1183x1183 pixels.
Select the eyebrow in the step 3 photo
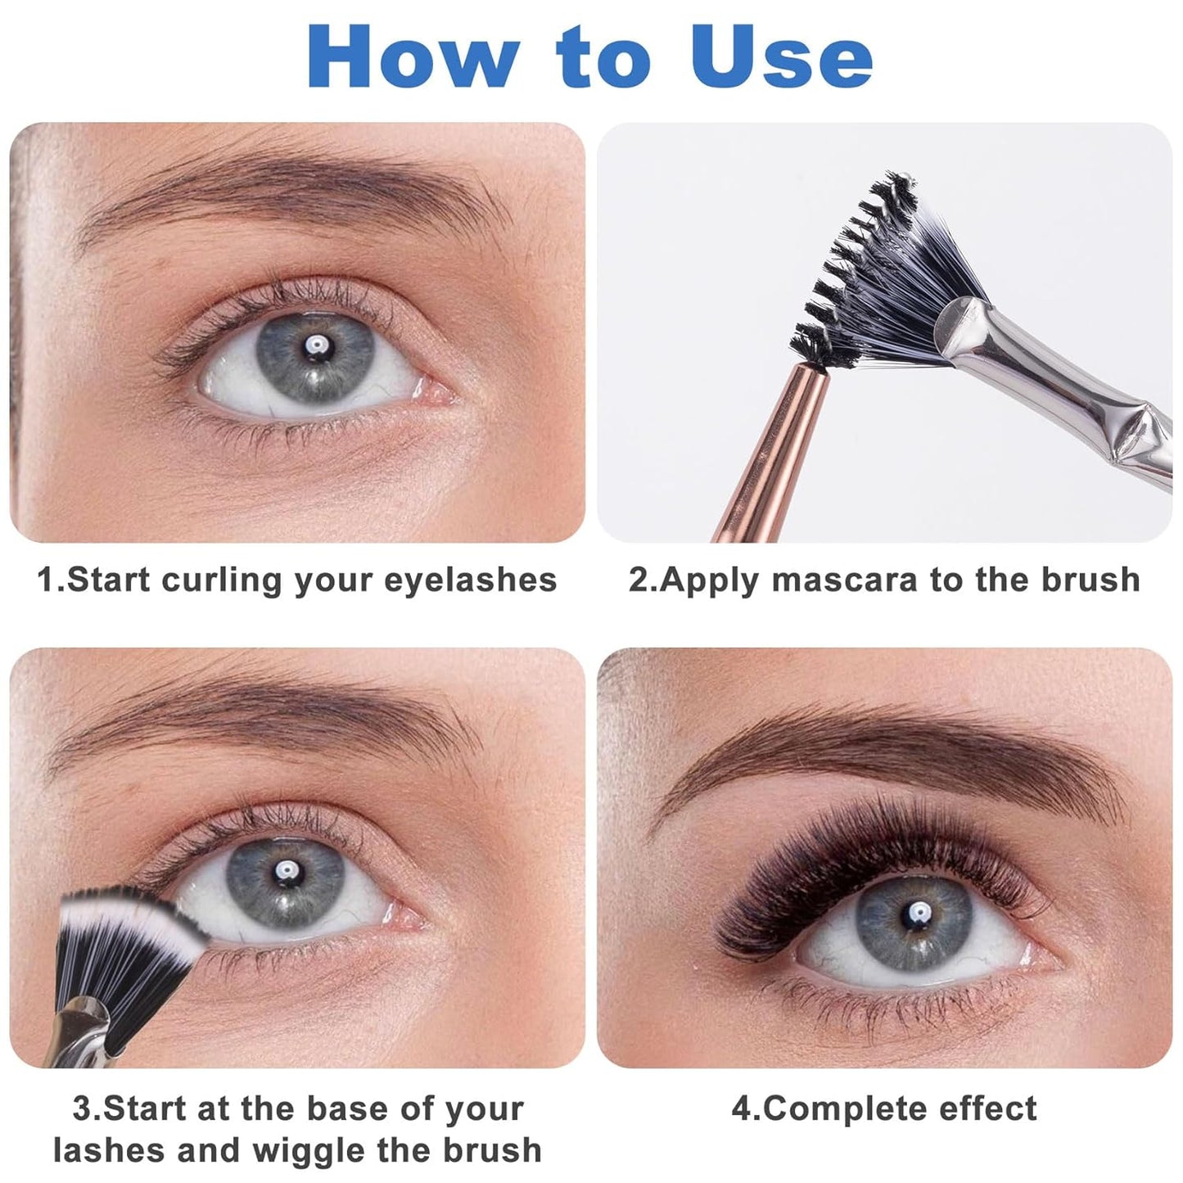270,712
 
